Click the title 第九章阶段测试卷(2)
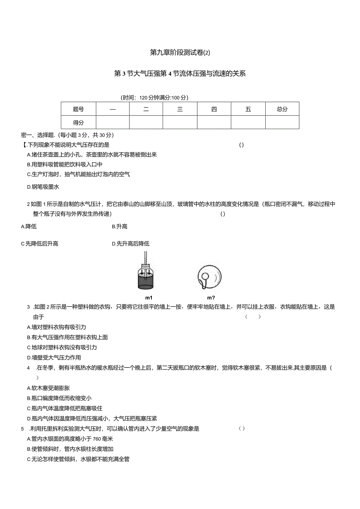(x=180, y=52)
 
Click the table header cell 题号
(x=78, y=110)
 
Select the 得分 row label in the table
(x=78, y=122)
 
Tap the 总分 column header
(x=282, y=110)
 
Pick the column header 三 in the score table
(x=180, y=110)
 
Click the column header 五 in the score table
(x=248, y=110)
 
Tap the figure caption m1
(x=148, y=297)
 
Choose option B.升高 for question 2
(x=119, y=227)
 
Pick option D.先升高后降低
(x=130, y=244)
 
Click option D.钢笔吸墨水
(x=43, y=187)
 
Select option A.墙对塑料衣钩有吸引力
(x=56, y=327)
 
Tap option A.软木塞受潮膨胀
(x=49, y=388)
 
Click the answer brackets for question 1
(x=241, y=145)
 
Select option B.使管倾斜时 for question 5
(x=70, y=449)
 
